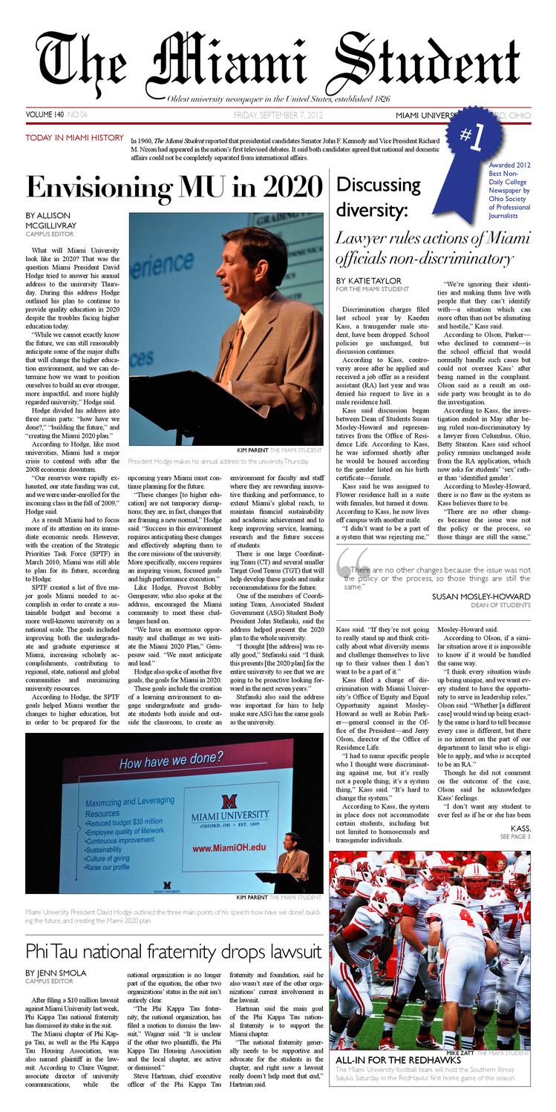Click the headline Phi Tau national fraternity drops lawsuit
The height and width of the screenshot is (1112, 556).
pyautogui.click(x=173, y=950)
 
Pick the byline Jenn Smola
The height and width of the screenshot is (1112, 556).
pyautogui.click(x=56, y=973)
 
